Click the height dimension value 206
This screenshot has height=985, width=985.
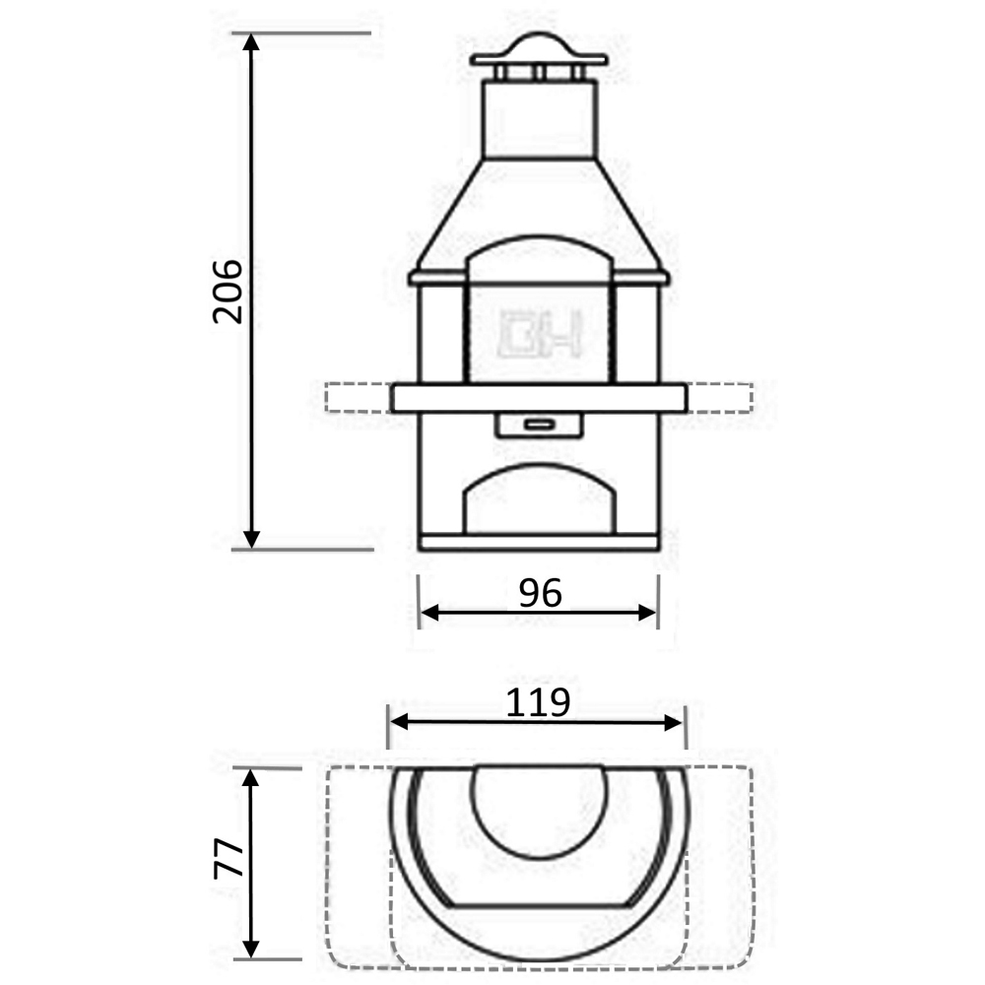[x=228, y=292]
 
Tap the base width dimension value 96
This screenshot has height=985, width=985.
[x=540, y=593]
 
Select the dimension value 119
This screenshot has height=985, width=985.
[x=538, y=702]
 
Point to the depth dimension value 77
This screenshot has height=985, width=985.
[x=229, y=858]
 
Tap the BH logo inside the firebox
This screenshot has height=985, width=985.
[x=541, y=333]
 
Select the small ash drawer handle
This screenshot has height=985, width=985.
[x=539, y=424]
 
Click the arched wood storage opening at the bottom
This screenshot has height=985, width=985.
[x=540, y=500]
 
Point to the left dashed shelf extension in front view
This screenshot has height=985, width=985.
[x=359, y=398]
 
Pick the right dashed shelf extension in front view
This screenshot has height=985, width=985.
[x=720, y=398]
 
